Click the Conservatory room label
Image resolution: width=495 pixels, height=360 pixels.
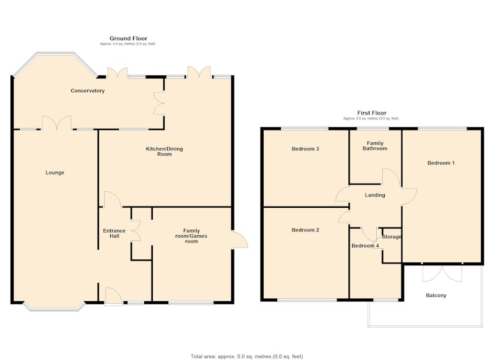tap(87, 90)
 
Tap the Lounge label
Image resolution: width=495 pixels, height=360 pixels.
tap(55, 173)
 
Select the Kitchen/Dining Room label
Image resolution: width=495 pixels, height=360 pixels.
tap(164, 152)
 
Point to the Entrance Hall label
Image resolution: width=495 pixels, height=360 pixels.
tap(114, 233)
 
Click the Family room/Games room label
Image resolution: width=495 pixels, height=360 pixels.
tap(191, 236)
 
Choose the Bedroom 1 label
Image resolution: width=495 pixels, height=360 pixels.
tap(441, 163)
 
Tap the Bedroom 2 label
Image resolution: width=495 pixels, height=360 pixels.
tap(305, 230)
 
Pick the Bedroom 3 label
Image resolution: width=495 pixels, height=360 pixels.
tap(305, 148)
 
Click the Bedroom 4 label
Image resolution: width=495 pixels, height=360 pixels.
tap(365, 246)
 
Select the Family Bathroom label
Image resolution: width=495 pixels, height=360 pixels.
tap(375, 146)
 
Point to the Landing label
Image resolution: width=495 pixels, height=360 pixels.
tap(375, 195)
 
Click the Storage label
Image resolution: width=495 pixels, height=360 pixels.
tap(392, 237)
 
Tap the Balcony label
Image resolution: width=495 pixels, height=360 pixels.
tap(436, 295)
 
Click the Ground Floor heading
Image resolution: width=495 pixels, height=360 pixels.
tap(128, 38)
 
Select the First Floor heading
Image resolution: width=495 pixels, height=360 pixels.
tap(372, 113)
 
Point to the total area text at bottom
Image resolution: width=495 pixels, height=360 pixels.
tap(246, 356)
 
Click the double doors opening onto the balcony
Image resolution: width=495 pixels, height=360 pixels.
tap(442, 273)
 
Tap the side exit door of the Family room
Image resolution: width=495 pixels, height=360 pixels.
tap(239, 241)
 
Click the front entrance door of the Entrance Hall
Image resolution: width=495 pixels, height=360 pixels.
tap(114, 296)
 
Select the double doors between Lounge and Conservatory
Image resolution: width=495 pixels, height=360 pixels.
tap(57, 122)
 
